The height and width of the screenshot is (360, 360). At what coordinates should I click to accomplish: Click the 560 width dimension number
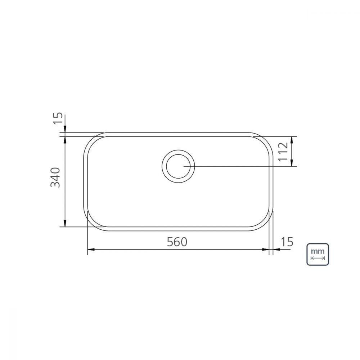pos(177,242)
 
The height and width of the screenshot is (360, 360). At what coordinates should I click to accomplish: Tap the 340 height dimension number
pos(55,177)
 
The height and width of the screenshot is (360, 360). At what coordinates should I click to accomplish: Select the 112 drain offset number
pos(283,152)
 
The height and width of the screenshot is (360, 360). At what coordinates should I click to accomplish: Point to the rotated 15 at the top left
pos(58,118)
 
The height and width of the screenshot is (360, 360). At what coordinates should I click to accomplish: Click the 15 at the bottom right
pos(287,242)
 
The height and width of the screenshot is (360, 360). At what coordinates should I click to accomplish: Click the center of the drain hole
pos(178,166)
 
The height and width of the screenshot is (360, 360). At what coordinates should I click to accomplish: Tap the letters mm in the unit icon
pos(318,251)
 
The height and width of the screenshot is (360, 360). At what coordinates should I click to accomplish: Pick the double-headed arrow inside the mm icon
pos(318,258)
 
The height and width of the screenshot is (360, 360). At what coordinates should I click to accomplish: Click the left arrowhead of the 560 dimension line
pos(91,249)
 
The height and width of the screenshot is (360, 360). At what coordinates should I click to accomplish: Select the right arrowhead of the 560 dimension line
pos(266,249)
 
